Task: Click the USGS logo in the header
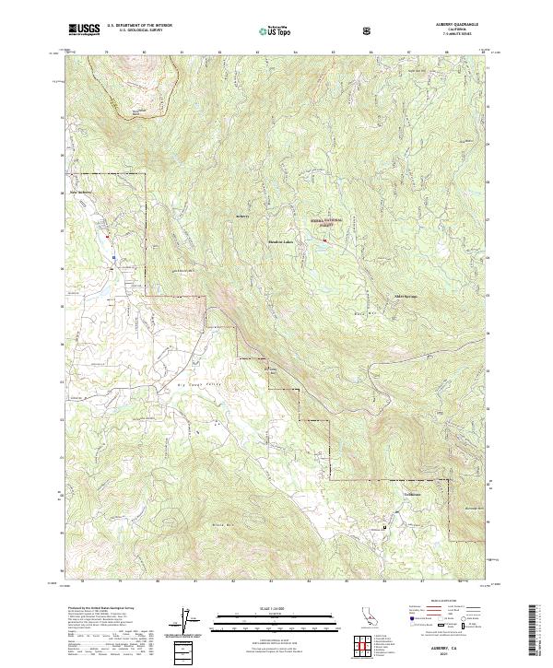[x=84, y=29]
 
